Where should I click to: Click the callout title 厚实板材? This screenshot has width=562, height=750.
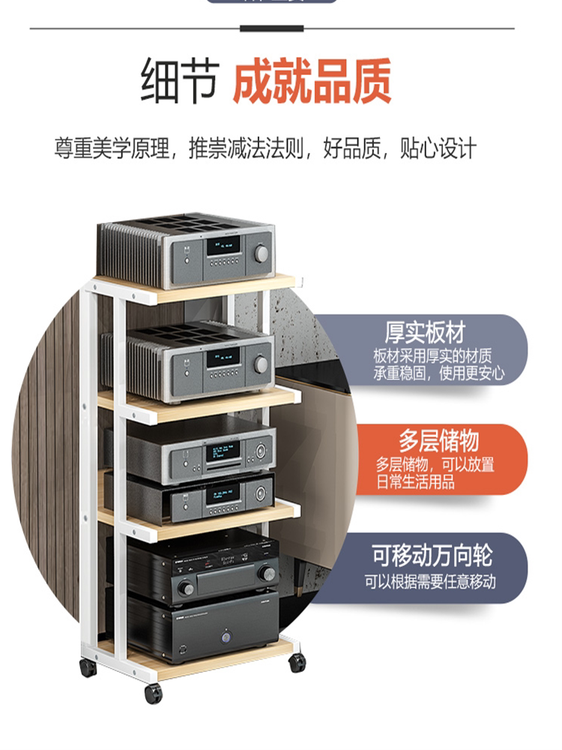point(425,332)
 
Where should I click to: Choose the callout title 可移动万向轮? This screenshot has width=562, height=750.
point(432,556)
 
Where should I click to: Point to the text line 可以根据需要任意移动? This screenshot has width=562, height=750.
point(430,581)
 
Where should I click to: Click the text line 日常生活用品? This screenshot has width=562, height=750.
point(415,482)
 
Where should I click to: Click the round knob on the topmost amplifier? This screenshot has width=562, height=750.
point(262,253)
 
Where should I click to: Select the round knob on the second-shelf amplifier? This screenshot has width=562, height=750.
point(261,364)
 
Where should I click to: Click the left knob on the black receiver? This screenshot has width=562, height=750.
point(186,589)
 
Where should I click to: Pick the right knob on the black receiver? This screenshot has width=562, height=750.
point(266,574)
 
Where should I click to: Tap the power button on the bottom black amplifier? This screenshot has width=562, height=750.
point(224,637)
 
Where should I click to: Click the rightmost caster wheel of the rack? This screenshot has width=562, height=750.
point(297,662)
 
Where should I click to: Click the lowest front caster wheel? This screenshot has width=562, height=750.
point(154,693)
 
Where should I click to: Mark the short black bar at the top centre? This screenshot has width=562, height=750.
point(272,28)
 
